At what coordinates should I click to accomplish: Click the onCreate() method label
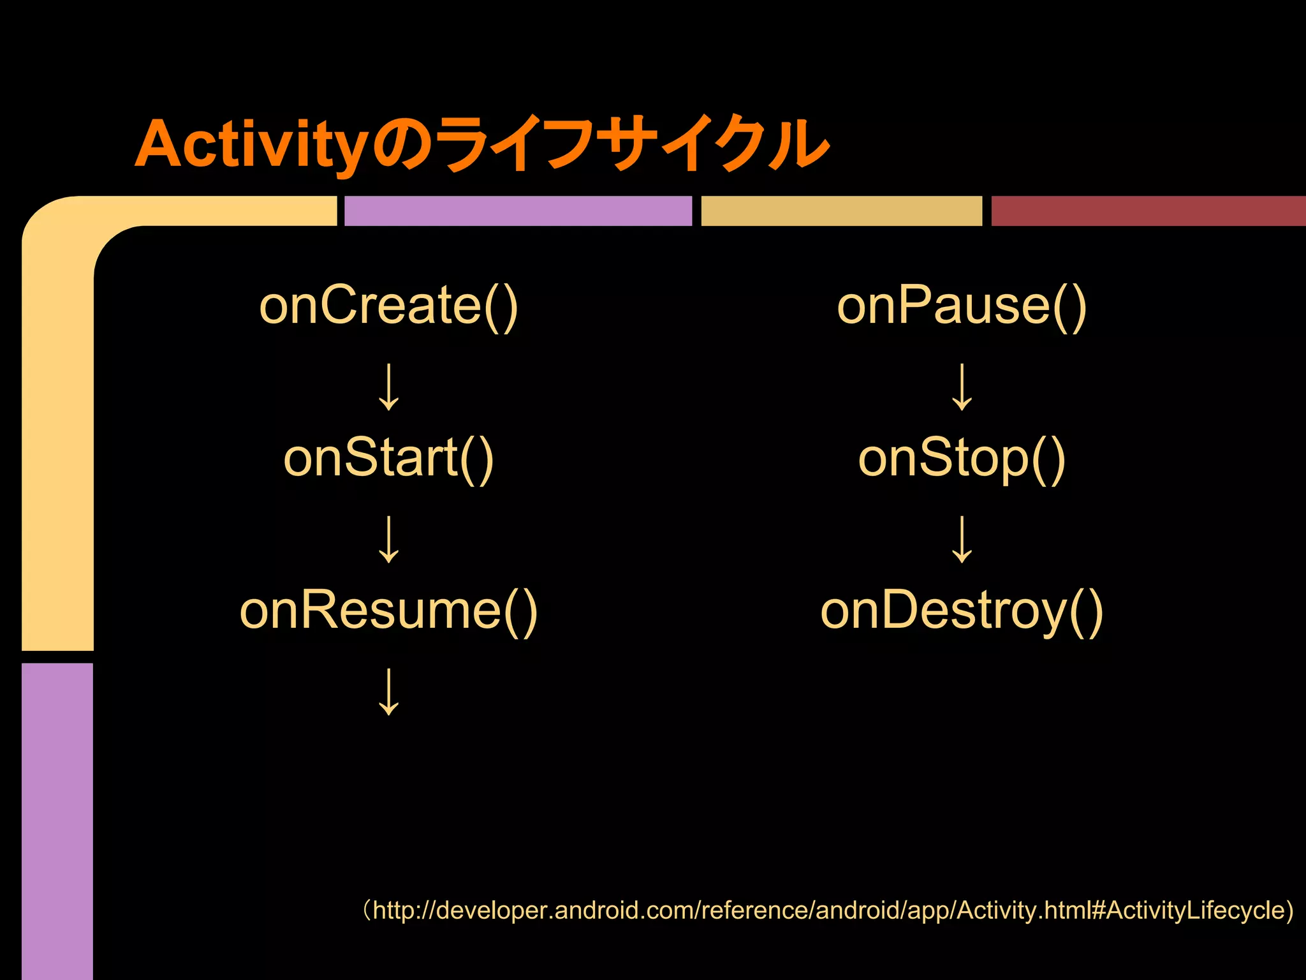click(x=388, y=306)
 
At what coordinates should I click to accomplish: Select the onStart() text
click(x=388, y=458)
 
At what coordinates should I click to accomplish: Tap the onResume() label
click(x=388, y=611)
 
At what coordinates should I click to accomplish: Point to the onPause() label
click(x=962, y=306)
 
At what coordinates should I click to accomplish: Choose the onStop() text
click(x=962, y=458)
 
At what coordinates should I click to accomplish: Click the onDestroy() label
click(x=962, y=611)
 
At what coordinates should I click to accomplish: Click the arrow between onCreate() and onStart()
click(x=389, y=387)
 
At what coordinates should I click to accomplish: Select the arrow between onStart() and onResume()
click(x=389, y=539)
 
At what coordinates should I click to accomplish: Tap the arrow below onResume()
click(x=389, y=692)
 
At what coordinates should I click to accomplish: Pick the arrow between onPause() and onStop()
click(x=962, y=387)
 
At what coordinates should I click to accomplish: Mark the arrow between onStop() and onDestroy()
click(x=962, y=539)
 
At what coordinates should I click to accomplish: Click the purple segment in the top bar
click(x=518, y=211)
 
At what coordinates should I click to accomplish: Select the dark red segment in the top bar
click(x=1148, y=211)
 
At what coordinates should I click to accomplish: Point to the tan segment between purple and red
click(x=841, y=211)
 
